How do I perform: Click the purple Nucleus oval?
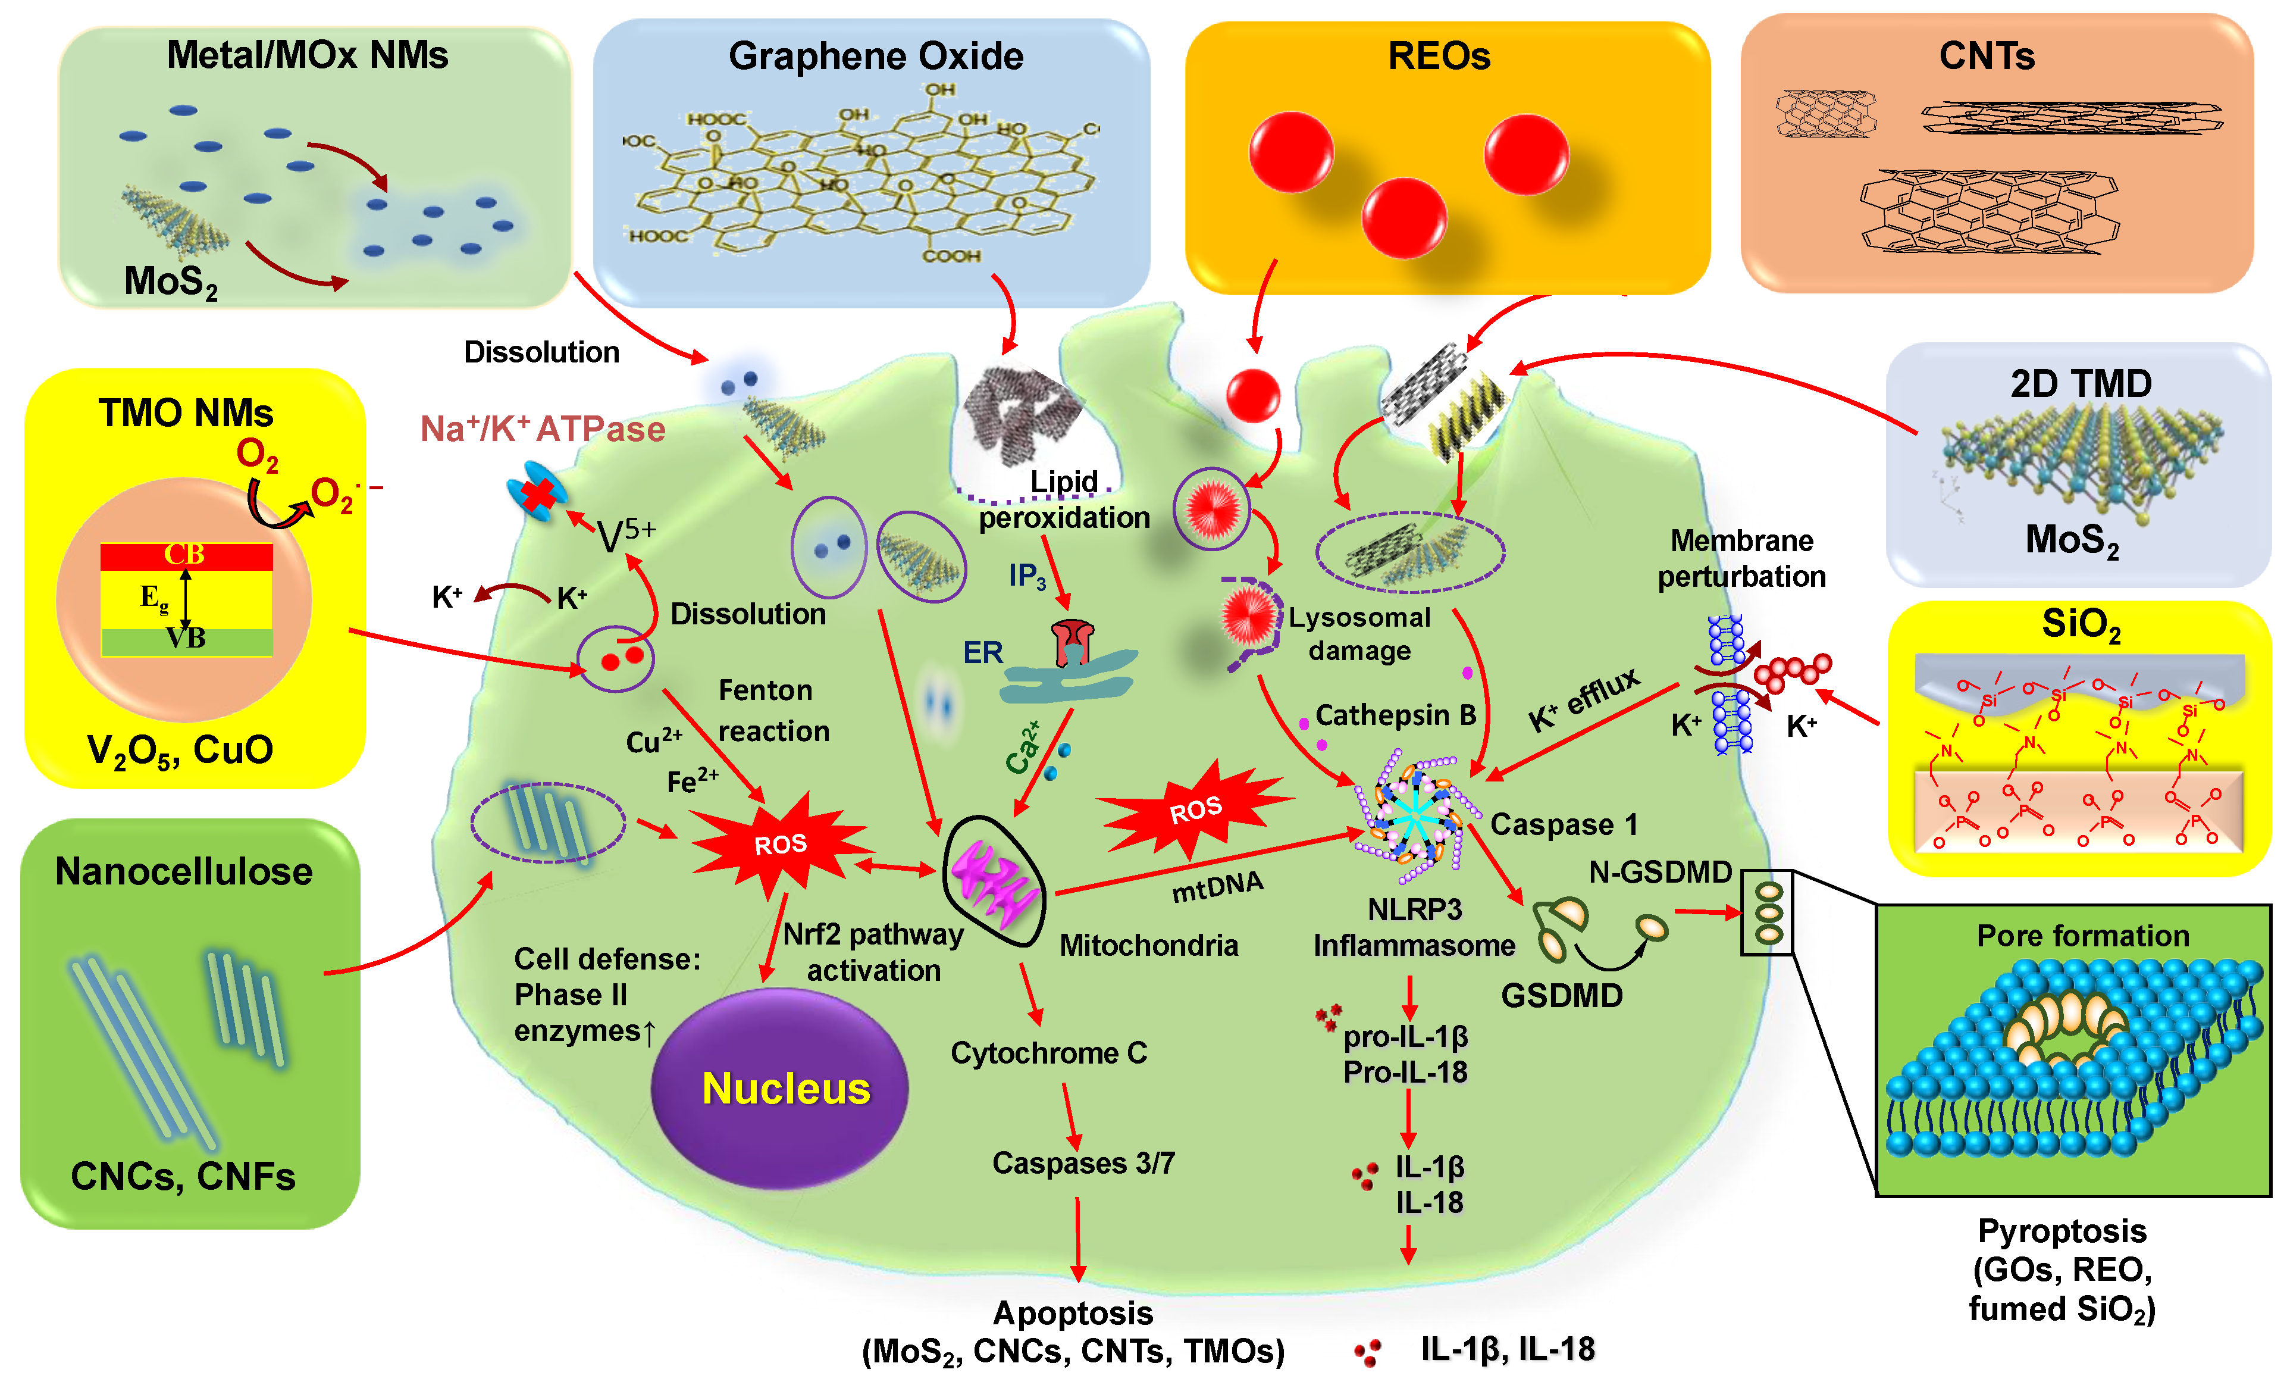[x=779, y=1088]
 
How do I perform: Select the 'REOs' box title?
[x=1439, y=57]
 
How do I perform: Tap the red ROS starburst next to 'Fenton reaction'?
[x=779, y=843]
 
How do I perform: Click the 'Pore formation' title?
[x=2082, y=936]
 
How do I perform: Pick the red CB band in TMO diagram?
[x=186, y=555]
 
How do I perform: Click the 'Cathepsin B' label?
[x=1395, y=715]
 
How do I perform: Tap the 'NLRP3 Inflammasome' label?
[x=1414, y=927]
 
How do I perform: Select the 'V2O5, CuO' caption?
[x=180, y=750]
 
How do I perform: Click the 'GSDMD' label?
[x=1561, y=995]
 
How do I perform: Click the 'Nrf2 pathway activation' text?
[x=872, y=952]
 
